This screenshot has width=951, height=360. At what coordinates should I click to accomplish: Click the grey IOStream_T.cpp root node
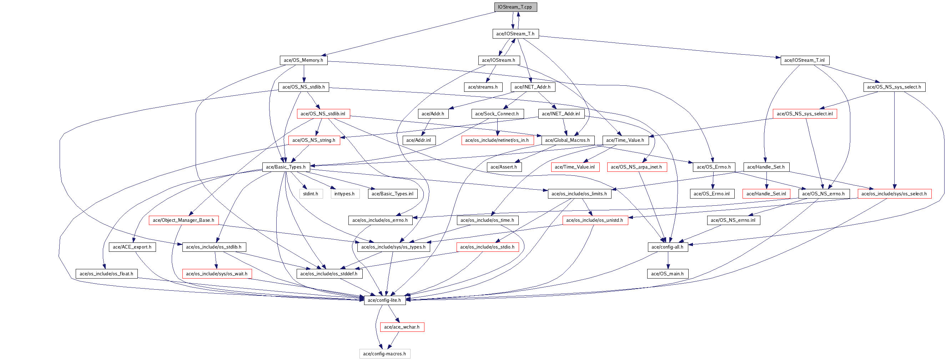(515, 7)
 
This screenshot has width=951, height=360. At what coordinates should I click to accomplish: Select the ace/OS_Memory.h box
(303, 60)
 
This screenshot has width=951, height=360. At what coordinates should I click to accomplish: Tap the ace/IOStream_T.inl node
(805, 60)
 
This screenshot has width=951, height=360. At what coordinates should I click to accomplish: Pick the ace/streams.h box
(483, 87)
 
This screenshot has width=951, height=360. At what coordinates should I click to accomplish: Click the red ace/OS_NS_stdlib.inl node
(323, 114)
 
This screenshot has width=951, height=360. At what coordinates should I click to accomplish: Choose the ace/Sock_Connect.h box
(497, 114)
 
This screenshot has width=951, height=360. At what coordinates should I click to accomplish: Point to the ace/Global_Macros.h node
(568, 140)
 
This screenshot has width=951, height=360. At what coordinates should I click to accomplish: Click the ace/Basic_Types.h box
(286, 167)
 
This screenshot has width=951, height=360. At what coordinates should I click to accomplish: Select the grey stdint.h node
(311, 194)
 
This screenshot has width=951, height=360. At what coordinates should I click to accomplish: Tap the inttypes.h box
(345, 194)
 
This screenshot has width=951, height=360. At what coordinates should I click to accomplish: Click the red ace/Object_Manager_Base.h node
(183, 220)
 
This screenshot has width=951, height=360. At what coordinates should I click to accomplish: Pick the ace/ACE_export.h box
(132, 247)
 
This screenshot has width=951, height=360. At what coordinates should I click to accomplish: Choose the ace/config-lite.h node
(385, 300)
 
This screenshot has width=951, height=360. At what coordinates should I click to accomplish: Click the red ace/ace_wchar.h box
(402, 327)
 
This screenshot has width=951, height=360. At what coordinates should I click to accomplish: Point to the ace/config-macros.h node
(385, 354)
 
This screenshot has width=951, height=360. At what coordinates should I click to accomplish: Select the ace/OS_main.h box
(668, 274)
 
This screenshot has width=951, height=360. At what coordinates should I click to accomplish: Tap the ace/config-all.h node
(668, 247)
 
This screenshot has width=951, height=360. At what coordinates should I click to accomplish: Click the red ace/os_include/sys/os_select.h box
(894, 194)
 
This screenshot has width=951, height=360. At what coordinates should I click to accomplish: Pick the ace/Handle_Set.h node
(766, 167)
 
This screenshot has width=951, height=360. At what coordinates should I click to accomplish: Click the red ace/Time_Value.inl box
(575, 167)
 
